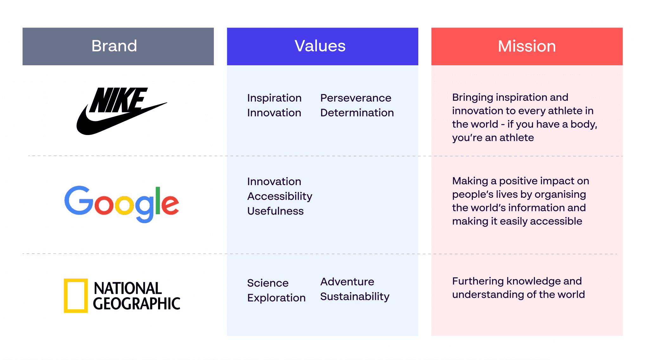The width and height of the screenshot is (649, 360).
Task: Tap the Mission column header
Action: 527,46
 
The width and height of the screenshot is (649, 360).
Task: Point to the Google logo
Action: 122,203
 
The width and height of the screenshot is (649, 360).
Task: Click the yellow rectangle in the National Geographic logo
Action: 76,295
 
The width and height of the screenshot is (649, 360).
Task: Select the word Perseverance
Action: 356,98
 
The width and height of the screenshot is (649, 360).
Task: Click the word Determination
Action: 357,113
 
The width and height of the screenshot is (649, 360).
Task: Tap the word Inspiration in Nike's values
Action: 274,98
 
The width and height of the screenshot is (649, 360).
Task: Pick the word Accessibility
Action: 280,196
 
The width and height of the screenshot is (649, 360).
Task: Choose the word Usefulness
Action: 275,211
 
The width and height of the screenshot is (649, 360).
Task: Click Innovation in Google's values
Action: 274,182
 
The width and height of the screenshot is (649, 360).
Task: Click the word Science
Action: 268,283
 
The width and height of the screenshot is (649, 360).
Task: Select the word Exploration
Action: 276,298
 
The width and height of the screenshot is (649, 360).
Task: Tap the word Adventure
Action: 347,282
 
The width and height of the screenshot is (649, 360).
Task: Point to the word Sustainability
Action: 355,297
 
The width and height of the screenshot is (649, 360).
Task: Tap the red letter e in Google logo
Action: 170,204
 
